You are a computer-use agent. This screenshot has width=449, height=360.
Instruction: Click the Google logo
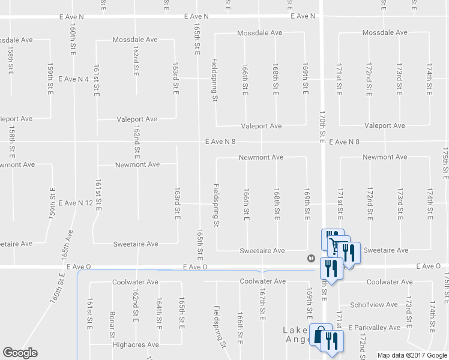coord(20,353)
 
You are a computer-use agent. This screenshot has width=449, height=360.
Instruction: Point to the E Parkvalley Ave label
coord(376,328)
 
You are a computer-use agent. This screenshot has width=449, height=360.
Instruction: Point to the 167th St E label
coord(262,306)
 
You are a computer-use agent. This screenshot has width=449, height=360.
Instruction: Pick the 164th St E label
coord(158,312)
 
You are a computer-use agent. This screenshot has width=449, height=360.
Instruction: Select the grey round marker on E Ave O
coord(311,259)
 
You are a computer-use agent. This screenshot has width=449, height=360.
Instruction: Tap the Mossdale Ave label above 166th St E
coord(259,32)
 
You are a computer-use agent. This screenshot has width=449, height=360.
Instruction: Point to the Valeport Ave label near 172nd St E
coord(385,126)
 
